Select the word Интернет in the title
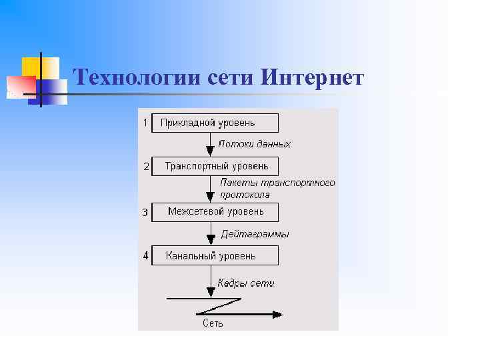[x=313, y=79]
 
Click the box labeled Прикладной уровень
[x=215, y=123]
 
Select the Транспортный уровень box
[x=215, y=166]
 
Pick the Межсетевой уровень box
[x=215, y=212]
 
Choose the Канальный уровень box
[x=215, y=255]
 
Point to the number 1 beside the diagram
[x=145, y=123]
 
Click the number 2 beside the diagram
[x=146, y=167]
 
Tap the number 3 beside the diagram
[x=145, y=213]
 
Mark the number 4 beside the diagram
[x=145, y=255]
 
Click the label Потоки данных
[x=255, y=144]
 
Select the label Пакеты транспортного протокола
[x=277, y=189]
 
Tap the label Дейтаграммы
[x=255, y=234]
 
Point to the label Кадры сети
[x=246, y=283]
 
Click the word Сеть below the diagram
[x=213, y=324]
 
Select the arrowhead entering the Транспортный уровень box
[x=211, y=152]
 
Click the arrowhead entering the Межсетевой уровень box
[x=211, y=197]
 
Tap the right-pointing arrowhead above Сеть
[x=277, y=314]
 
